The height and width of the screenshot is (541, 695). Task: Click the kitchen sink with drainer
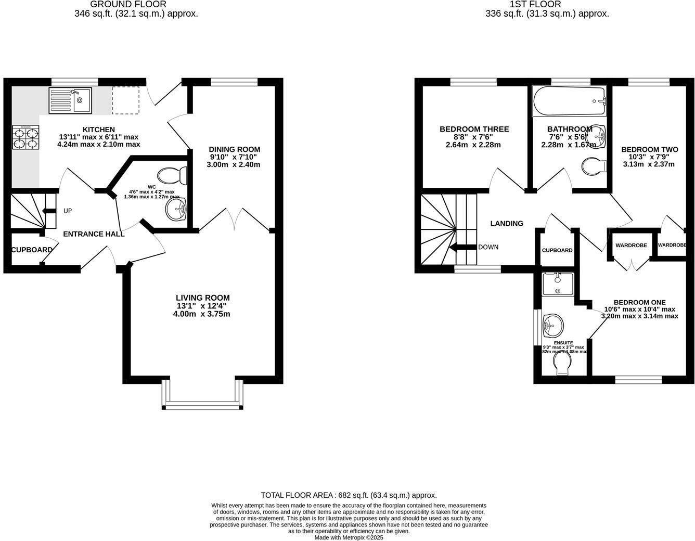(70, 100)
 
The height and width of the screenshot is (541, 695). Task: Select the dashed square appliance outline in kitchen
(126, 100)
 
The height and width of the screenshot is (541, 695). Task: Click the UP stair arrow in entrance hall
(49, 211)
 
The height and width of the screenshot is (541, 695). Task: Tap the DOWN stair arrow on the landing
(463, 247)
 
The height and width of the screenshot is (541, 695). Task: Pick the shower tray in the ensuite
(558, 284)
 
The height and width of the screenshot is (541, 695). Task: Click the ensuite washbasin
(552, 326)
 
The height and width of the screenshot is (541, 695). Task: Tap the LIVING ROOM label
(202, 298)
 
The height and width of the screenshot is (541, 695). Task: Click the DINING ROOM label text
(234, 149)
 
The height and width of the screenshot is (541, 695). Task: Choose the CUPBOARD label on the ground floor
(32, 250)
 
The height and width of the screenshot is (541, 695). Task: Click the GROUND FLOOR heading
(128, 5)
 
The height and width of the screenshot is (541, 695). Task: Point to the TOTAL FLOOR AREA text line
(348, 495)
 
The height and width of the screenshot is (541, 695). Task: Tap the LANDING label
(507, 223)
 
